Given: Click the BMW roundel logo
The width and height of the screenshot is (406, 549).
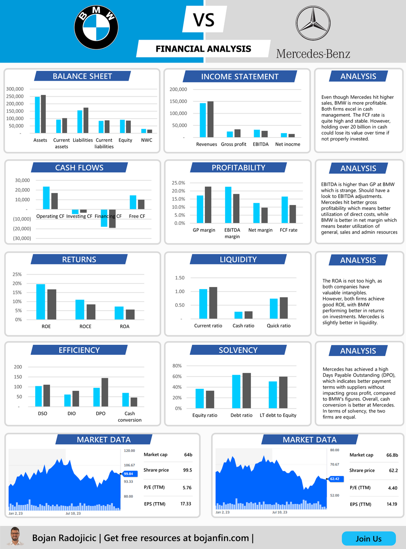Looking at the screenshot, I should tap(97, 27).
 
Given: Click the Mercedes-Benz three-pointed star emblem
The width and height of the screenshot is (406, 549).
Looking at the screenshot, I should tap(313, 23).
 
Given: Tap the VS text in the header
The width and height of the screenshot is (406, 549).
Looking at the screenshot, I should tap(204, 20).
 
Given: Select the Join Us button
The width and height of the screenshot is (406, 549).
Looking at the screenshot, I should tap(368, 539).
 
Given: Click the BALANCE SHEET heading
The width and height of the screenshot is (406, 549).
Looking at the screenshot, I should tap(82, 76).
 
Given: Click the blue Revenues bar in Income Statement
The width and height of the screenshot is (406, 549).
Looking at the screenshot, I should tap(203, 120).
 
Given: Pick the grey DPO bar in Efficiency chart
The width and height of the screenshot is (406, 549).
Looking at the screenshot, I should tap(105, 392).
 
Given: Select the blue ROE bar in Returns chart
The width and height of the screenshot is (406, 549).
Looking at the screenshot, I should tap(41, 302).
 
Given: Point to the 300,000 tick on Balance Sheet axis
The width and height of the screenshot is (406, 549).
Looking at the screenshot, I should tap(15, 89).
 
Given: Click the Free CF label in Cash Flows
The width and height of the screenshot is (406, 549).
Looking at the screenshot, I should tap(137, 216).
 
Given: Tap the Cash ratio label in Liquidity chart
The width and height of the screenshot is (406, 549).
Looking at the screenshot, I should tap(243, 326).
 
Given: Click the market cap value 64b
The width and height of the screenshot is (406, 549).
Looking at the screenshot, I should tap(188, 455).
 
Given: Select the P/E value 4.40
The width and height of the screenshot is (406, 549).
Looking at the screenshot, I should tap(392, 488).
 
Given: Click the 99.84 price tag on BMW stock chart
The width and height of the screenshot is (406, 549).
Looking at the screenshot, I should tap(128, 474).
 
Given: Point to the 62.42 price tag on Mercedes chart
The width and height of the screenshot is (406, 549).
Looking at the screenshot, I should tap(334, 479).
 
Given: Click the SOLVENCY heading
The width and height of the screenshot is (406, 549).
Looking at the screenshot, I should tap(238, 350).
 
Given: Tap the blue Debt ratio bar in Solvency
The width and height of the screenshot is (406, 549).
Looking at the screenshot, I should tap(236, 391).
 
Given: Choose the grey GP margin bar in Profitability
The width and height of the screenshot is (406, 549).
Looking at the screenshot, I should tap(208, 205).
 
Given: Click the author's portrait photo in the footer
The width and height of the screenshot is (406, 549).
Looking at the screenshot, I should tap(15, 537).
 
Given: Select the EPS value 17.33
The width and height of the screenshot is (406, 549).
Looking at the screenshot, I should tap(186, 504).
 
